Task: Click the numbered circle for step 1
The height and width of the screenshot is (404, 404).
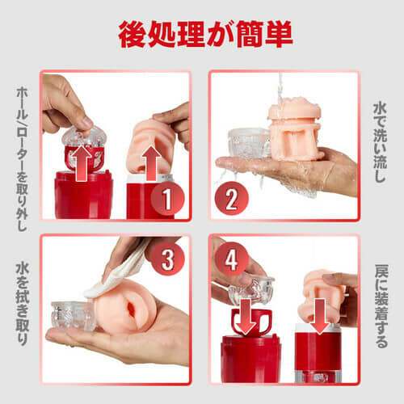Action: pos(167,199)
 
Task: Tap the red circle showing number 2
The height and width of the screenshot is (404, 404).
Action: pos(231,199)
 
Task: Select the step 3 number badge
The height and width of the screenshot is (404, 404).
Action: pos(167,259)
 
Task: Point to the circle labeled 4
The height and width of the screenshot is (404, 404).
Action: pos(231,259)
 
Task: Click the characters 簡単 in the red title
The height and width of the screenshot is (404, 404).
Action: pos(264,34)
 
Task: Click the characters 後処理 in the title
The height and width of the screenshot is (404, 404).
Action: pos(162,34)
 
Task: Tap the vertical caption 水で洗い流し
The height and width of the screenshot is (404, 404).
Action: pos(380,142)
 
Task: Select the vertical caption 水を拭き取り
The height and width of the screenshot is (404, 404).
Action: pos(22,305)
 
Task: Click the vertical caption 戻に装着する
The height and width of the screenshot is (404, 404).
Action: pos(381,306)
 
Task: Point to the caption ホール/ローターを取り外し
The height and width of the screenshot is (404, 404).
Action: pos(22,159)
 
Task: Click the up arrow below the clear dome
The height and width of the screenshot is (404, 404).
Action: pos(83,163)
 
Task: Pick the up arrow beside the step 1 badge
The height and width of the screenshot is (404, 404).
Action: pos(152,163)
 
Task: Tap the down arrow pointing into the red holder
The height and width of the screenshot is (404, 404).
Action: pos(246,316)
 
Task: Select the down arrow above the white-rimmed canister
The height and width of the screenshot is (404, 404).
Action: pos(320,316)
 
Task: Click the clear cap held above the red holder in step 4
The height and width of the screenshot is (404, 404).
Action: pos(251,288)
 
